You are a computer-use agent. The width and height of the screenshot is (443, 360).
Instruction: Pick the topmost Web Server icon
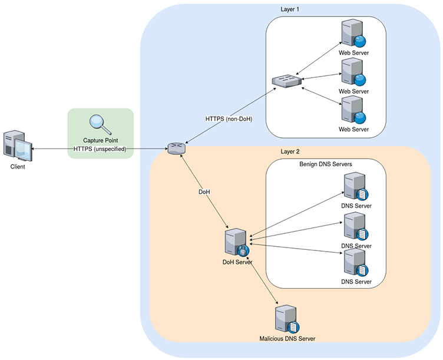point(354,35)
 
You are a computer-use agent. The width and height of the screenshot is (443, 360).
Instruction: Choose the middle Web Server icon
point(354,72)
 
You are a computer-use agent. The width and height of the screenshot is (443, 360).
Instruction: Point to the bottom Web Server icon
point(354,110)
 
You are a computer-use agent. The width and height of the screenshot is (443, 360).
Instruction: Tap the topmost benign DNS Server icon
point(356,187)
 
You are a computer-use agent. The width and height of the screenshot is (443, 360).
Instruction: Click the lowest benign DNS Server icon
point(356,263)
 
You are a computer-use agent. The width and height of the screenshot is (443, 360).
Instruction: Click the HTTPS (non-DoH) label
point(229,118)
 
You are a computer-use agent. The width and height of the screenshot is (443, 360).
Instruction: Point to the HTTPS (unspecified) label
point(100,149)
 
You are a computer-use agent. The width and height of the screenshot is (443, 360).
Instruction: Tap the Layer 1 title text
point(290,9)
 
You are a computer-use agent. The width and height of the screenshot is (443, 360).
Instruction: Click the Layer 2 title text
point(290,151)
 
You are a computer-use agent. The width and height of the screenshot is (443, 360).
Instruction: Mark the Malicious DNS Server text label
point(287,339)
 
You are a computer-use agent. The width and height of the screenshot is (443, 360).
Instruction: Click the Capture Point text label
point(100,140)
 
